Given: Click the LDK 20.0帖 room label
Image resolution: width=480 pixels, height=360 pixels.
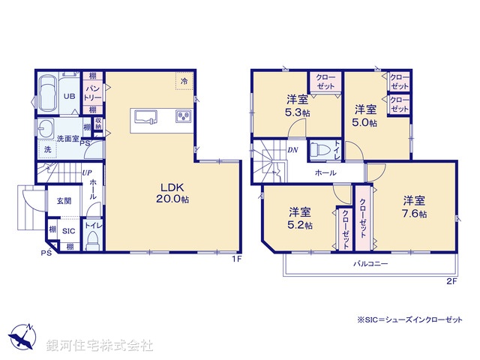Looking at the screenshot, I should point(172,193).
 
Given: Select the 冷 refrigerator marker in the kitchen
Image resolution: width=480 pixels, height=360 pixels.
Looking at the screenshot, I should point(182,79).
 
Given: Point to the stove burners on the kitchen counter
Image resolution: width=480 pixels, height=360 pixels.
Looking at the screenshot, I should point(182,116).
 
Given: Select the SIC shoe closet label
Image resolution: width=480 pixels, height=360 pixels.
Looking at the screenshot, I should point(68,231).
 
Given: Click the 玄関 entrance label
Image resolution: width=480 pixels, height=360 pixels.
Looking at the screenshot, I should point(64,200).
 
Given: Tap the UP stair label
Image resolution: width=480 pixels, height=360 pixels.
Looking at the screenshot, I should point(87,172).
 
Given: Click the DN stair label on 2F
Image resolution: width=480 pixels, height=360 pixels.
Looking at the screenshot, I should point(292,150).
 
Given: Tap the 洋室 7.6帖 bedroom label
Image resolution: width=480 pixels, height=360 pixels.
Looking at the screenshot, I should point(414,206).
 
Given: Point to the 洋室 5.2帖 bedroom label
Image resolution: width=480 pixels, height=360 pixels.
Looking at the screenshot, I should point(298,217).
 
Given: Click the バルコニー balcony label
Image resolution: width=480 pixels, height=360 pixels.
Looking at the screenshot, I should point(371,265).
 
